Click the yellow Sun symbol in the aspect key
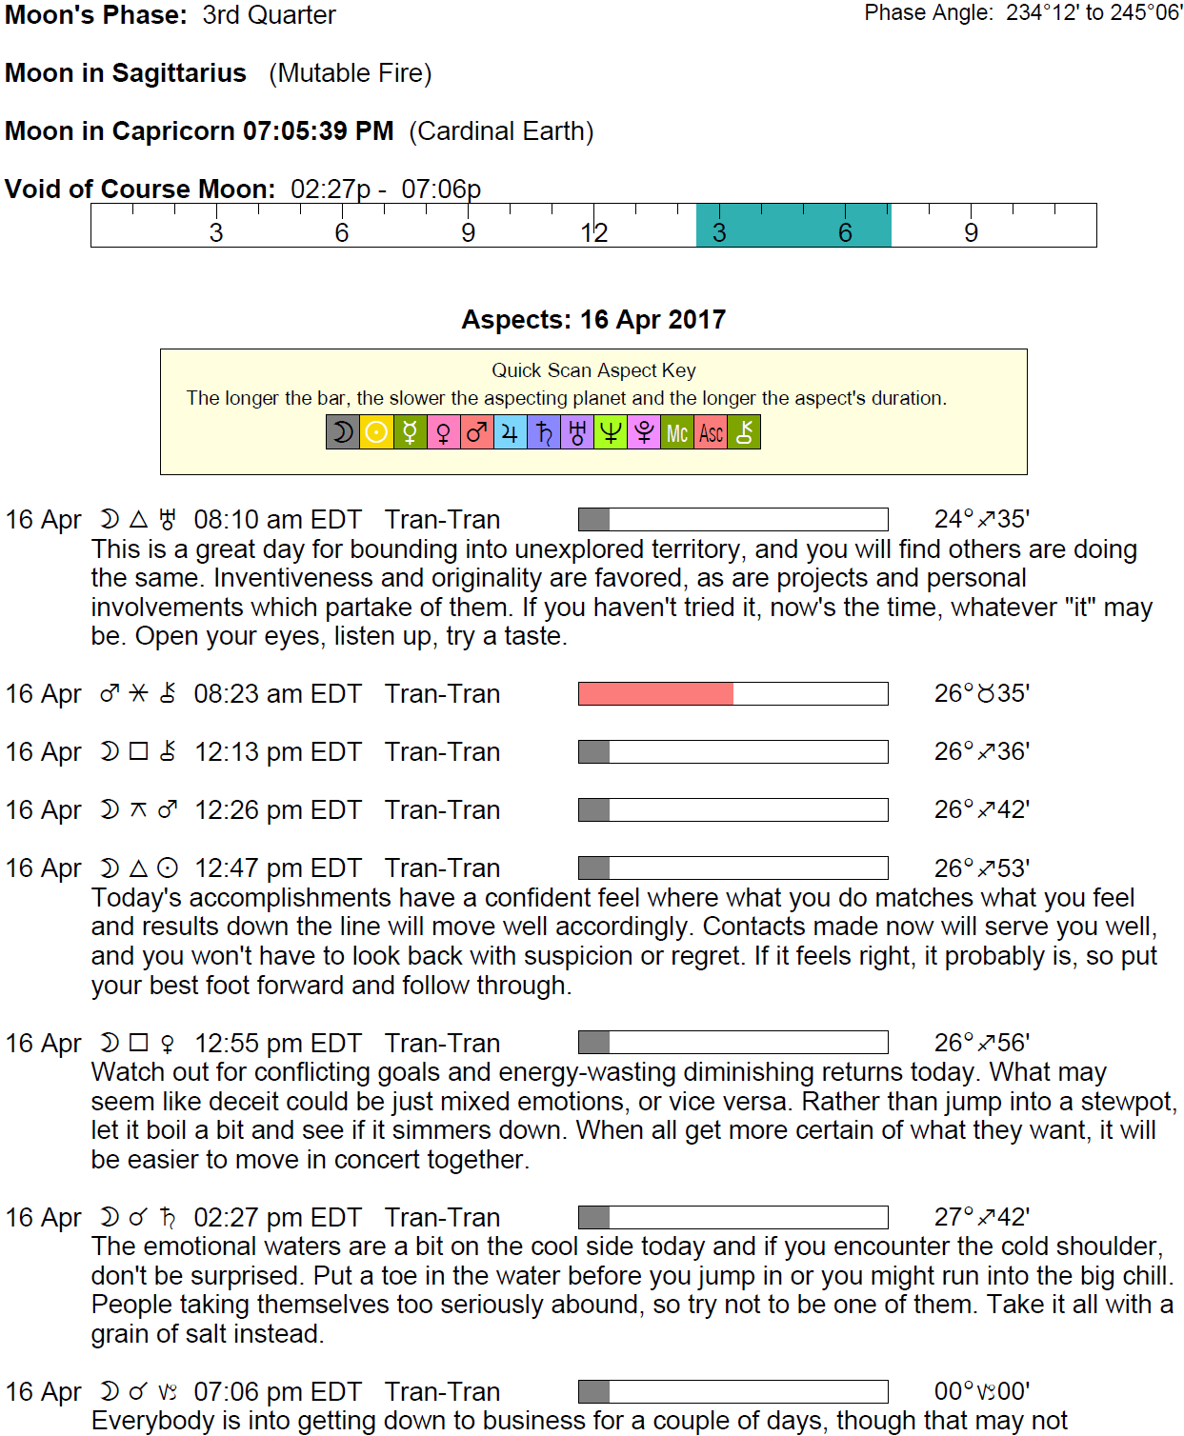click(x=376, y=433)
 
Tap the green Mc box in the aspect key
click(x=676, y=433)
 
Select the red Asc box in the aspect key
click(x=711, y=433)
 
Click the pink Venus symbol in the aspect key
click(x=443, y=433)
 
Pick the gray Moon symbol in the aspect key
click(x=343, y=433)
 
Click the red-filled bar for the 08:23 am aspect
click(x=655, y=693)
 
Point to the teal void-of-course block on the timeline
click(x=793, y=226)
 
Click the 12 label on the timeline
click(x=593, y=233)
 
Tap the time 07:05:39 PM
click(x=318, y=131)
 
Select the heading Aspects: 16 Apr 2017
click(x=593, y=320)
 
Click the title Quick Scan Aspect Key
click(x=593, y=370)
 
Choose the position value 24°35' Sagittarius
click(x=981, y=519)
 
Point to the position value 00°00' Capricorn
click(x=981, y=1391)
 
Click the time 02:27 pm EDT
click(x=277, y=1218)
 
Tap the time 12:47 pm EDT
click(x=277, y=868)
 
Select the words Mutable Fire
click(x=351, y=73)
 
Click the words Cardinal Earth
click(x=501, y=131)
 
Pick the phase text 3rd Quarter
click(x=269, y=15)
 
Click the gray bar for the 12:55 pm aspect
click(x=593, y=1043)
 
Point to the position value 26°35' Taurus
click(x=981, y=693)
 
